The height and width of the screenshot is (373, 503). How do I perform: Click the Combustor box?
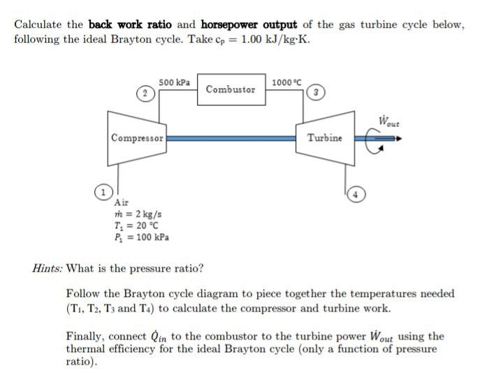point(231,89)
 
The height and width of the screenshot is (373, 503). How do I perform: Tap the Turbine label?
point(325,138)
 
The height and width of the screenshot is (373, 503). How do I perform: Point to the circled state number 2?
point(143,94)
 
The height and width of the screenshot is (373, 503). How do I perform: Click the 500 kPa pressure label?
point(174,82)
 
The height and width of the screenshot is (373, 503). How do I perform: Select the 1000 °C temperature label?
point(288,82)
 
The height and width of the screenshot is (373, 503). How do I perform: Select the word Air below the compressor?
point(122,203)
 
